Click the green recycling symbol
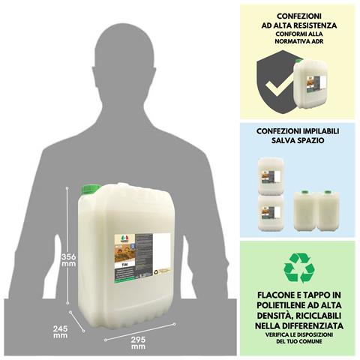tap(299, 268)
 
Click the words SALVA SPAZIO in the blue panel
tap(298, 139)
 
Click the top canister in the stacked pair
tap(271, 175)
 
